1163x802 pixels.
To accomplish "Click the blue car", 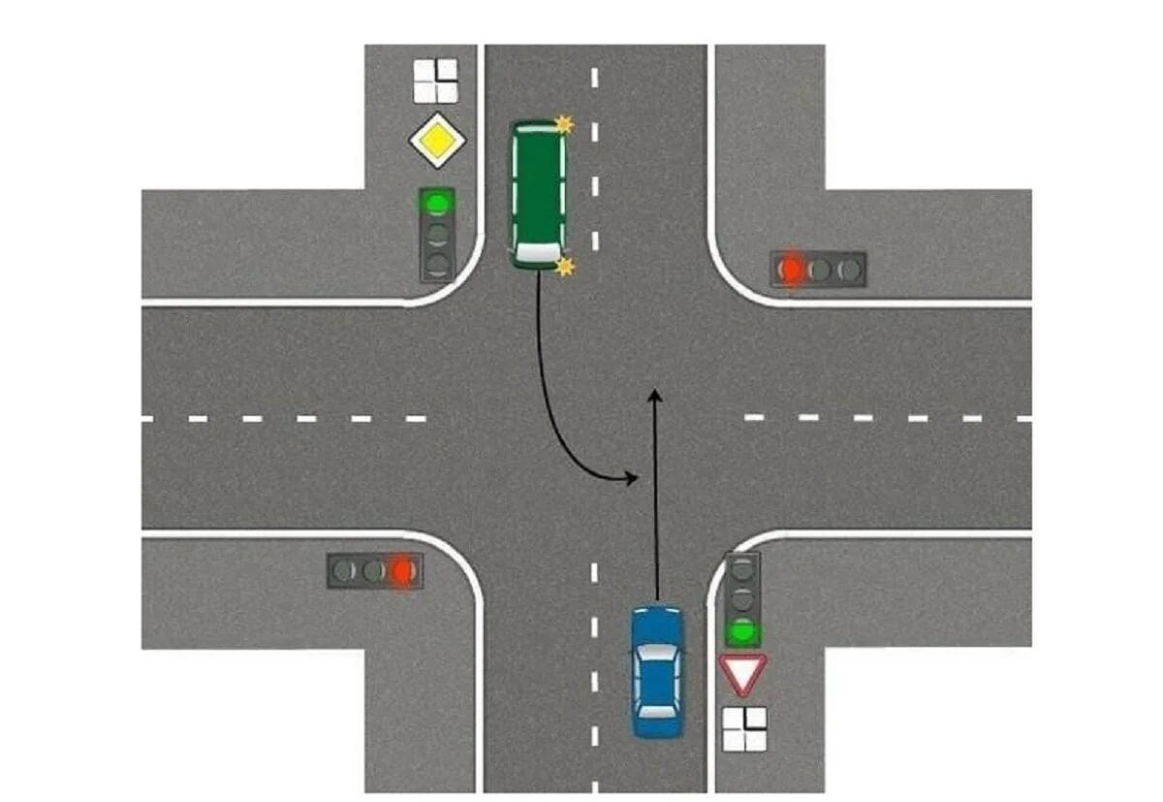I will click(657, 670).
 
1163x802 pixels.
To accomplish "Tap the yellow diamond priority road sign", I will click(438, 142).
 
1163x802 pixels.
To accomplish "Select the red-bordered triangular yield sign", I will click(743, 672).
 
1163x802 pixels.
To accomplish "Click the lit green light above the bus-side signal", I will click(438, 204).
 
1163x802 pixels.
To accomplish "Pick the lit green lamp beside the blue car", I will click(743, 632).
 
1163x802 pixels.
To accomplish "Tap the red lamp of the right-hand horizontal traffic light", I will click(793, 270).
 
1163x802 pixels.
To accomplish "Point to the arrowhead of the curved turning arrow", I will click(632, 477).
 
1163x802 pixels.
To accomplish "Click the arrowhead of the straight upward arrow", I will click(655, 394).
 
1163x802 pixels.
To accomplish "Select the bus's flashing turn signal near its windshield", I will click(564, 266).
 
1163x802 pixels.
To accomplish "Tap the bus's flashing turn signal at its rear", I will click(563, 124).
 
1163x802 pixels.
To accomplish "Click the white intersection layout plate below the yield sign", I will click(744, 728).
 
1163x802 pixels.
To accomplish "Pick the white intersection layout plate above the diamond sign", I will click(435, 80).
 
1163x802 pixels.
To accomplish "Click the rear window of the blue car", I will click(657, 712).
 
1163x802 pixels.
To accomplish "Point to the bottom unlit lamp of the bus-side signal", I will click(438, 263).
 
